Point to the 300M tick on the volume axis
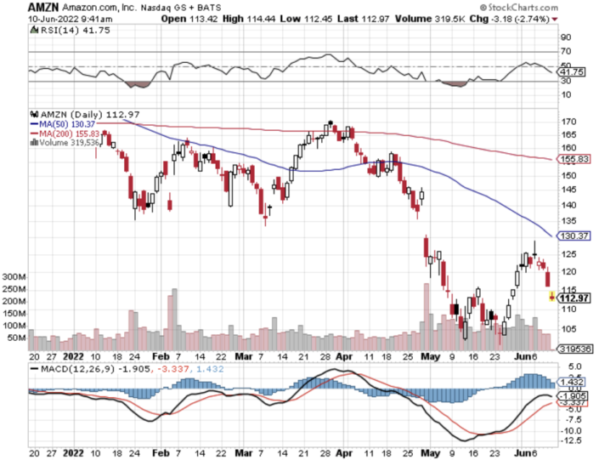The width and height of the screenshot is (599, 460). click(15, 277)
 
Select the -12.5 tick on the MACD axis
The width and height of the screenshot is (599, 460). click(570, 440)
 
